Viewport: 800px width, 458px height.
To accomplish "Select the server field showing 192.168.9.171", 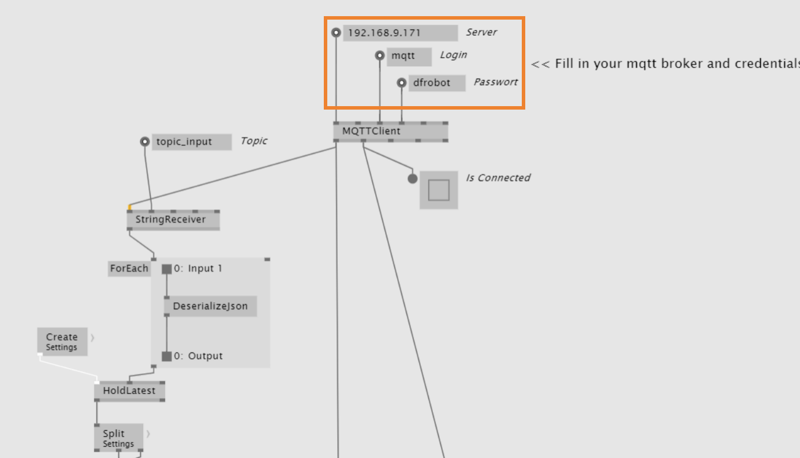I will [400, 33].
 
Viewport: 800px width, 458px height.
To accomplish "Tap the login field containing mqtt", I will [409, 57].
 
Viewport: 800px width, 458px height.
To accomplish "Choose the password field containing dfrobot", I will [436, 83].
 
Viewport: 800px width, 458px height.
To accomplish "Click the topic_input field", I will [191, 142].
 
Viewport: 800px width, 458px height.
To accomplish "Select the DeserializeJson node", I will [210, 306].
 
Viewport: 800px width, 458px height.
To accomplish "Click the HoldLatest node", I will [129, 391].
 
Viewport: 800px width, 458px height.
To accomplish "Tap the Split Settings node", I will [118, 438].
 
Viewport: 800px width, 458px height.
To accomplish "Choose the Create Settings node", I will [62, 341].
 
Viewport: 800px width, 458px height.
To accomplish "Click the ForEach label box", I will [129, 269].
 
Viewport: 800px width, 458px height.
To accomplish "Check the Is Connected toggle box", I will [439, 190].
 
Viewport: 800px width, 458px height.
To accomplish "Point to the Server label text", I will [481, 32].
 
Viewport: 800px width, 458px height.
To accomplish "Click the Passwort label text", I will [495, 82].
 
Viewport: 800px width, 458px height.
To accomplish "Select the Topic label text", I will [254, 141].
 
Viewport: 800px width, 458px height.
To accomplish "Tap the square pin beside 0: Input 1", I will [167, 269].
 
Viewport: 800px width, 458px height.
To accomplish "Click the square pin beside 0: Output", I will [167, 356].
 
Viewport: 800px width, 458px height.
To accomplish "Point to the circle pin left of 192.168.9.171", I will [336, 33].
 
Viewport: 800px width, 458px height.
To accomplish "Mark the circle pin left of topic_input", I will [145, 142].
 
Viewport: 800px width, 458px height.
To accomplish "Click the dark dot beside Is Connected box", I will [412, 179].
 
